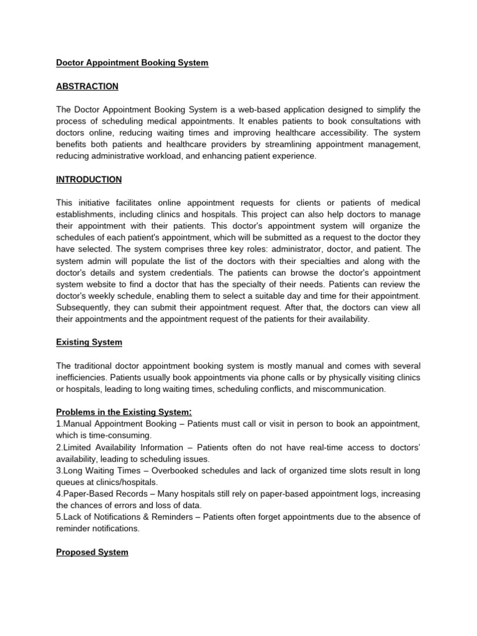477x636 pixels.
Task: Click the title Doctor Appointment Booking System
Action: [x=132, y=63]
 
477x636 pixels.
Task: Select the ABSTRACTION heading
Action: [x=87, y=86]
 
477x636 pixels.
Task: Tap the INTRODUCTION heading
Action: [x=89, y=179]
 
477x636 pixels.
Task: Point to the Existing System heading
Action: [x=89, y=342]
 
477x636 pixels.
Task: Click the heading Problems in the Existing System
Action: [x=124, y=412]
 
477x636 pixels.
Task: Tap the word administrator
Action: [x=306, y=250]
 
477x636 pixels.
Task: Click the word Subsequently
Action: [x=83, y=307]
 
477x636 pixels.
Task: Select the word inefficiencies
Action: [x=81, y=378]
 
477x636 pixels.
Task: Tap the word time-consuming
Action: [x=112, y=435]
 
